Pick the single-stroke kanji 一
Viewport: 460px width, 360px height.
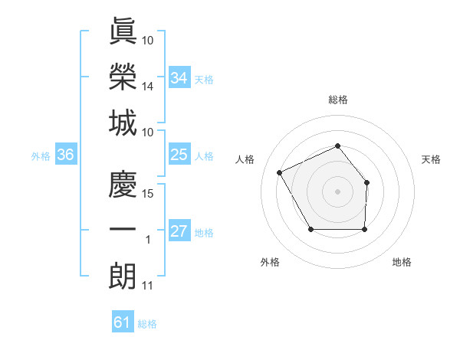[123, 229]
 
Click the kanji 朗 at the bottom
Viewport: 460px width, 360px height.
[123, 275]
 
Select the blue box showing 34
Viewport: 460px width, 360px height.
[179, 77]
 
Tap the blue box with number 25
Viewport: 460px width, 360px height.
[179, 155]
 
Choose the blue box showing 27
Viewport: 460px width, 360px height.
[179, 232]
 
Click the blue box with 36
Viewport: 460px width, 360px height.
[65, 155]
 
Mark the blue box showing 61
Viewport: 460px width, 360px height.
[123, 322]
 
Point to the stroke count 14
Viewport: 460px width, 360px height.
[148, 87]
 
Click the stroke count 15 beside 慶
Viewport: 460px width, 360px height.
[148, 193]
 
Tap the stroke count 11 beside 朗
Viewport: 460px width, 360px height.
[148, 286]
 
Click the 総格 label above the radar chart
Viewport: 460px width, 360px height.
[337, 100]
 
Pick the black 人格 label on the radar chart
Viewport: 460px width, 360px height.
[245, 159]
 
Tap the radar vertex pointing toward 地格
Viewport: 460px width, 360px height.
[364, 229]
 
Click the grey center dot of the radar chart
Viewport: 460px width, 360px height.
[337, 191]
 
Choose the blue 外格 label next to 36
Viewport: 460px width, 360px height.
[41, 156]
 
